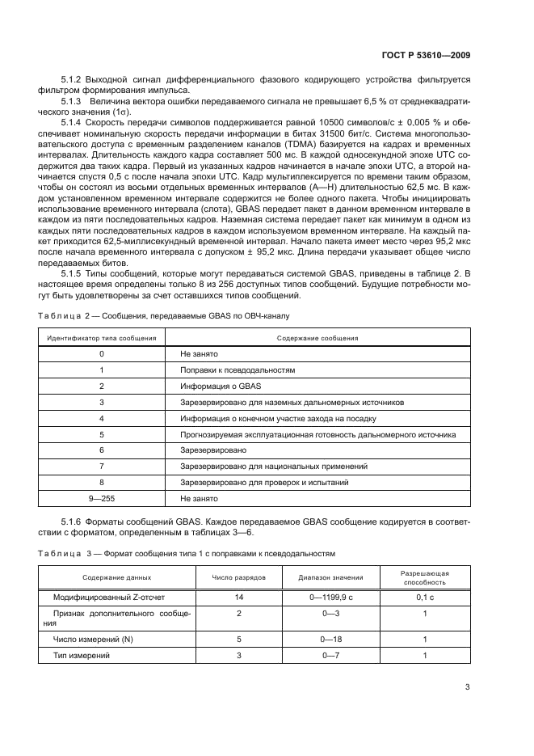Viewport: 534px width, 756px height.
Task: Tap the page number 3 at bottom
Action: pyautogui.click(x=467, y=688)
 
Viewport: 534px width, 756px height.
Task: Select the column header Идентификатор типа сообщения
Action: pyautogui.click(x=101, y=338)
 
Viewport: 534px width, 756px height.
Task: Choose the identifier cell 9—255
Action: pyautogui.click(x=102, y=499)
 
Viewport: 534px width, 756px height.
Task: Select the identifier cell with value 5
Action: pyautogui.click(x=102, y=434)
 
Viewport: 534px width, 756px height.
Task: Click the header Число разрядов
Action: pyautogui.click(x=239, y=577)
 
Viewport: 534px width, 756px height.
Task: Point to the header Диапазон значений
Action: pyautogui.click(x=330, y=577)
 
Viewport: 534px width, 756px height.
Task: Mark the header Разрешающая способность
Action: pyautogui.click(x=425, y=577)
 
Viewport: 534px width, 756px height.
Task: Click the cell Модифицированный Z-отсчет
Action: pyautogui.click(x=104, y=597)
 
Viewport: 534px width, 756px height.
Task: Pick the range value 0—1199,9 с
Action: pyautogui.click(x=330, y=597)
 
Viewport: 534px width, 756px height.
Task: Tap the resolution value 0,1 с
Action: pyautogui.click(x=425, y=597)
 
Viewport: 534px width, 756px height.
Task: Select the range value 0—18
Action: pyautogui.click(x=330, y=640)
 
